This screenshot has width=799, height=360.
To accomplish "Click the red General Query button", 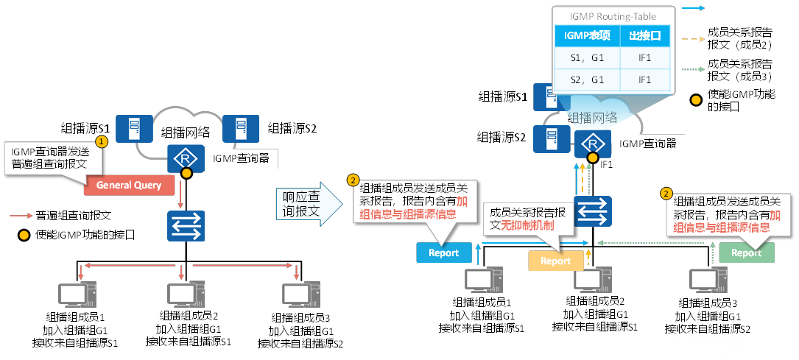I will coord(129,185).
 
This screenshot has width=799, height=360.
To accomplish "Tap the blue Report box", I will coord(443,253).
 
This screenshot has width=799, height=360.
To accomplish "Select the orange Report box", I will coord(556,261).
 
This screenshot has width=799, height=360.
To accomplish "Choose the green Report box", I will coord(746,253).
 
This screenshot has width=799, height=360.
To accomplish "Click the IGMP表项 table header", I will coord(585,35).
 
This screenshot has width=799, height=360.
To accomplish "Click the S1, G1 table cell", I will coord(585,57).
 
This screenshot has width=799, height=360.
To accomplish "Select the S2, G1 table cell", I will coord(585,80).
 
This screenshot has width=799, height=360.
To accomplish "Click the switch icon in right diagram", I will coord(591,211).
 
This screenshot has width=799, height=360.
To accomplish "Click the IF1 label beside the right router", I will coord(607,164).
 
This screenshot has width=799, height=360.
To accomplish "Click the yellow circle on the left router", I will coord(187,173).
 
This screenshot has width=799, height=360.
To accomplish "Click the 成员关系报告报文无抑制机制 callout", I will coord(528,218).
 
